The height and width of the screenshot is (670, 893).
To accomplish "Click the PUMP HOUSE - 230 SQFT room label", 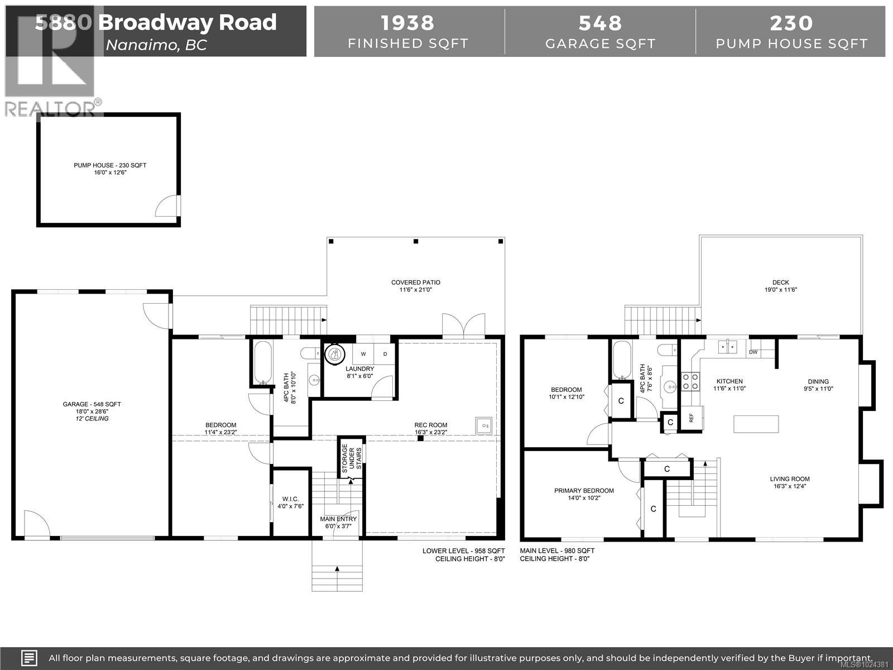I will point(110,165).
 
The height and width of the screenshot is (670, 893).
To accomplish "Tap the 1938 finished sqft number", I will point(407,23).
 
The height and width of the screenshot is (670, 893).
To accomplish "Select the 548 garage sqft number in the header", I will point(600,23).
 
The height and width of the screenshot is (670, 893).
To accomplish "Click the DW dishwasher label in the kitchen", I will point(753,352).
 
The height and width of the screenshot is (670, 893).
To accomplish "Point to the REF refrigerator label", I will point(691,417).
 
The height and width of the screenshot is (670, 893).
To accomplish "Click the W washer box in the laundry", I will point(363,354).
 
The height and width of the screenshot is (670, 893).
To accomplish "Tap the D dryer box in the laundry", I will point(385,354).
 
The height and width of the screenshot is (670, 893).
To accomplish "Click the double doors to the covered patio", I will point(463,326).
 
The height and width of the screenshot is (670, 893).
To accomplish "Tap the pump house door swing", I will point(167,206).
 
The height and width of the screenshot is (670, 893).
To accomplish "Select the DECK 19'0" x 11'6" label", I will point(780,286).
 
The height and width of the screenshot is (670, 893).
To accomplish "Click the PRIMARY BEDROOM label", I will point(584,491).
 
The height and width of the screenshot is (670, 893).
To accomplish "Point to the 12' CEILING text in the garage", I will point(92,418).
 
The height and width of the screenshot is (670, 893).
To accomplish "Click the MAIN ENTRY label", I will point(338,519).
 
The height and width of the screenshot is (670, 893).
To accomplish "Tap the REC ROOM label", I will point(431,425).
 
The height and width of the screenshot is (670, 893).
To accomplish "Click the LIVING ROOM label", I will point(790,479).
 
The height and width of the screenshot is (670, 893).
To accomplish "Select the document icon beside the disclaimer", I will point(29,658).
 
